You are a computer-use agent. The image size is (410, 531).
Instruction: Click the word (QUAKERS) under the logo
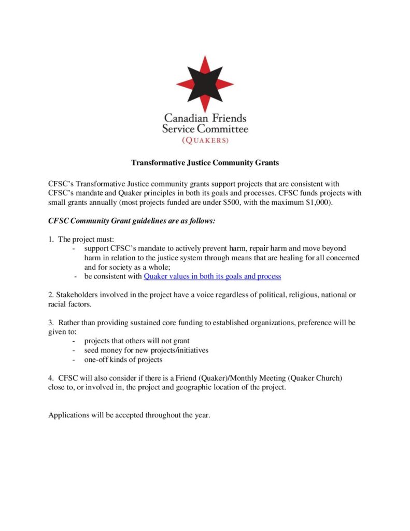(205, 140)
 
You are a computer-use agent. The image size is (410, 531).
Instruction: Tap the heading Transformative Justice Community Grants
(205, 163)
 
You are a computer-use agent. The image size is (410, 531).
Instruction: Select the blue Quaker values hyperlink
(212, 276)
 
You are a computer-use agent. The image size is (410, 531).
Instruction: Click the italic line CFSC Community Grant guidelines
(132, 221)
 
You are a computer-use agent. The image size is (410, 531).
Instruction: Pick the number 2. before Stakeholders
(51, 295)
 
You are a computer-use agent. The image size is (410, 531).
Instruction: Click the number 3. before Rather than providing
(51, 323)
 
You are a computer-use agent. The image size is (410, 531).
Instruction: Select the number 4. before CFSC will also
(51, 378)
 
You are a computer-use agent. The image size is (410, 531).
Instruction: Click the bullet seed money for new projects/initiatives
(146, 350)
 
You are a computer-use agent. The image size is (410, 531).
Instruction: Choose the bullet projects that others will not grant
(137, 341)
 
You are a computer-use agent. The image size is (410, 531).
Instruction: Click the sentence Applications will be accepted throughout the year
(129, 415)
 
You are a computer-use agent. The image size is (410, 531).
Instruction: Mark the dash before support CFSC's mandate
(75, 249)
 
